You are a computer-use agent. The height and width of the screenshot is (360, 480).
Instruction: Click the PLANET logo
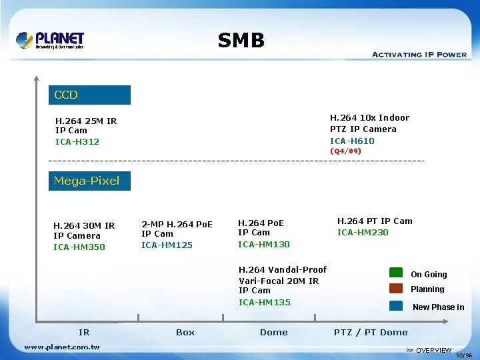[x=50, y=40]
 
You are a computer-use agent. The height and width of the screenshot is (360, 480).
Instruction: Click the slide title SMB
[x=241, y=41]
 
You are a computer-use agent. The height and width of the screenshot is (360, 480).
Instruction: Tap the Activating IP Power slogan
[x=419, y=55]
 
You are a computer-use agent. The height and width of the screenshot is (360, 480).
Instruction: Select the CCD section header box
[x=89, y=95]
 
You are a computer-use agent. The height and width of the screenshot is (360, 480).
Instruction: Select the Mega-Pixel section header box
[x=89, y=181]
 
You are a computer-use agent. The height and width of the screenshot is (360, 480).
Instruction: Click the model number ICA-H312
[x=77, y=142]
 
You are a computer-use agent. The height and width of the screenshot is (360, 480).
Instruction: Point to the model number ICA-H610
[x=352, y=141]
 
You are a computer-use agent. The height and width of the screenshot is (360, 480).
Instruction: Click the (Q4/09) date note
[x=346, y=151]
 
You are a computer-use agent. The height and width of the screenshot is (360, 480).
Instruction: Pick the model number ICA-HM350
[x=79, y=247]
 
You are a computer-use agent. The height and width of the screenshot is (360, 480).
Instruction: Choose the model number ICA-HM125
[x=167, y=245]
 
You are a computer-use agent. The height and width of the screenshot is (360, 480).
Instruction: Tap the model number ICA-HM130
[x=264, y=245]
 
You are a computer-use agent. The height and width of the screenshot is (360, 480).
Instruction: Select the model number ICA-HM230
[x=363, y=233]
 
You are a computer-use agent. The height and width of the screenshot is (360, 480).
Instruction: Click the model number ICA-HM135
[x=265, y=303]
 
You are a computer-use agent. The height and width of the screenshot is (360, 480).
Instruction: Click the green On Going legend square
[x=396, y=273]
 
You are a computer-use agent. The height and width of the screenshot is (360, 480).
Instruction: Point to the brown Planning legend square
[x=396, y=289]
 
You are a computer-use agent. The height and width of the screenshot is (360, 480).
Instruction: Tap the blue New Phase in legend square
[x=396, y=305]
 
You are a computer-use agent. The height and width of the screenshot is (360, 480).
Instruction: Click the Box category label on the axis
[x=185, y=332]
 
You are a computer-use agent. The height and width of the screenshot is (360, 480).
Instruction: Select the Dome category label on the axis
[x=274, y=332]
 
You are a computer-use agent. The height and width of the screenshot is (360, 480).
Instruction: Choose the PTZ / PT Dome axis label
[x=371, y=332]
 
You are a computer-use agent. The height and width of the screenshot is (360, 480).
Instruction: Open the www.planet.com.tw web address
[x=62, y=347]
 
